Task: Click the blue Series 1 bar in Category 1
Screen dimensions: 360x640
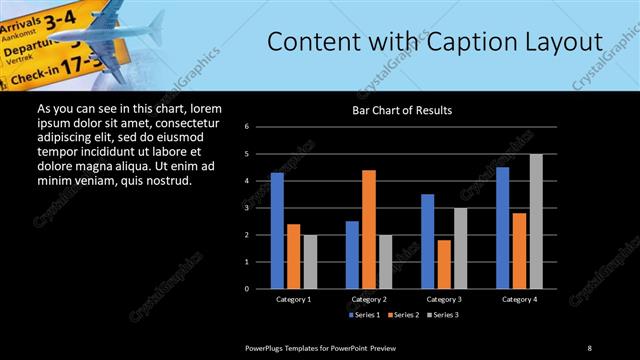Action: point(277,230)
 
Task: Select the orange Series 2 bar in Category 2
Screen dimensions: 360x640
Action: point(368,229)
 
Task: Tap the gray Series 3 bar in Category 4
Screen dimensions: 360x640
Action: point(536,221)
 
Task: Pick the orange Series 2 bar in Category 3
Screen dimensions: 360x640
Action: point(443,264)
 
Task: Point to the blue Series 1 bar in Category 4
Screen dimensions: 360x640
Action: point(502,227)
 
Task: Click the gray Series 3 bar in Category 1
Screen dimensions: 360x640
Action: point(310,261)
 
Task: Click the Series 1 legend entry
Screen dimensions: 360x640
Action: point(364,315)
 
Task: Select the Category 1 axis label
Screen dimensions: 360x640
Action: point(293,299)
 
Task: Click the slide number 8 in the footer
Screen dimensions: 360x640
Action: point(589,347)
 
